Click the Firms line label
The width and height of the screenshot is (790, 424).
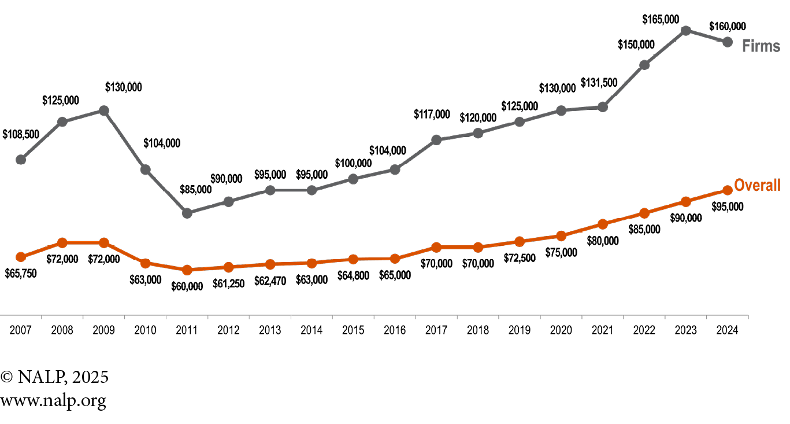(x=761, y=46)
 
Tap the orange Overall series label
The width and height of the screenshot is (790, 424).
(x=757, y=186)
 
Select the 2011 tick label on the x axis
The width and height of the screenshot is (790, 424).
(x=187, y=330)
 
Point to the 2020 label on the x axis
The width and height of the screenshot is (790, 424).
(x=561, y=330)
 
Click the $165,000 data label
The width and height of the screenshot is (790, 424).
(x=661, y=20)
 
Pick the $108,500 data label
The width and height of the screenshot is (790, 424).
(x=21, y=134)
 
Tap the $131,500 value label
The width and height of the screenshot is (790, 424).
(x=599, y=83)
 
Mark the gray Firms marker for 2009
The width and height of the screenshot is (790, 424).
(x=103, y=110)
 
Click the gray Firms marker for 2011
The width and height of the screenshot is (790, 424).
(x=187, y=213)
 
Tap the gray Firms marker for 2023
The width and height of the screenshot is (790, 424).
(x=685, y=31)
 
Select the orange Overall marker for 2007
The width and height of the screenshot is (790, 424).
(x=21, y=257)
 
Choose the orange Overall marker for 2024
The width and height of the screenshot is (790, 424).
(x=728, y=190)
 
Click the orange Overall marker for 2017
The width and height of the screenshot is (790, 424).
(x=436, y=248)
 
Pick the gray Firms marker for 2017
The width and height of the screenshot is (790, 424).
(x=436, y=139)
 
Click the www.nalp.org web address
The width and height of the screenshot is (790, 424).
(x=53, y=400)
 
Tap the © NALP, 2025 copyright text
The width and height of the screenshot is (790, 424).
(x=54, y=377)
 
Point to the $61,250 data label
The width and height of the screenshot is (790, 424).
(x=229, y=282)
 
